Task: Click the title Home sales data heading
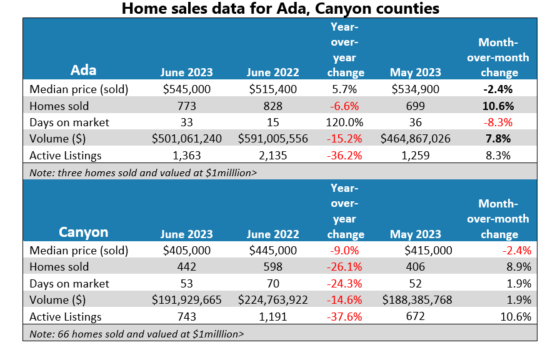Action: tap(280, 9)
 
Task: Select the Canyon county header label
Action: tap(83, 232)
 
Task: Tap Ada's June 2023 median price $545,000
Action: tap(186, 89)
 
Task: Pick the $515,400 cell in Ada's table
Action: tap(272, 89)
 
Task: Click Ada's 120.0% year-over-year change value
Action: tap(345, 122)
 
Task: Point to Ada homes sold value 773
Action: tap(186, 106)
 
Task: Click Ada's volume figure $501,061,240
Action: tap(186, 139)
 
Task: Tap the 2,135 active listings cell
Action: tap(272, 155)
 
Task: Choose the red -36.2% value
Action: tap(345, 155)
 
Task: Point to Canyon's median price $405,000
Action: tap(186, 251)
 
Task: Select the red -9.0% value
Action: tap(345, 251)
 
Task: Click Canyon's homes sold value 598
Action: tap(272, 267)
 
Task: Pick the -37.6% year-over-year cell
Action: tap(345, 316)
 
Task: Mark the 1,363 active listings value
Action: tap(186, 155)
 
